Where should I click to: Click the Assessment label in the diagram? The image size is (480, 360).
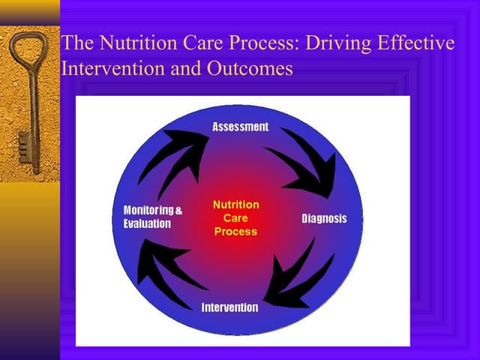tap(240, 127)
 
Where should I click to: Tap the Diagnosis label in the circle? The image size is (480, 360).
tap(324, 219)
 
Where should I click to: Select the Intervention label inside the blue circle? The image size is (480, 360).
tap(229, 307)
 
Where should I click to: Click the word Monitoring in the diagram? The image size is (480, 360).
tap(148, 211)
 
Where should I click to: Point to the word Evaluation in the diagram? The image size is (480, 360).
tap(147, 223)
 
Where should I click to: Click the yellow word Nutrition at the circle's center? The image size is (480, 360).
tap(235, 205)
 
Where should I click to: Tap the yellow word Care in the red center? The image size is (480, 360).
tap(235, 218)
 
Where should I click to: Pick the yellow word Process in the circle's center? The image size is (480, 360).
tap(235, 232)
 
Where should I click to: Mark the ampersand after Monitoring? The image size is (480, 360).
tap(178, 211)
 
